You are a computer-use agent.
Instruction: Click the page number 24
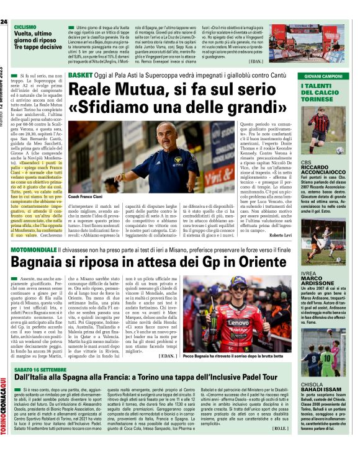pos(5,22)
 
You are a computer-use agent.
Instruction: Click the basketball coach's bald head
pos(148,133)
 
